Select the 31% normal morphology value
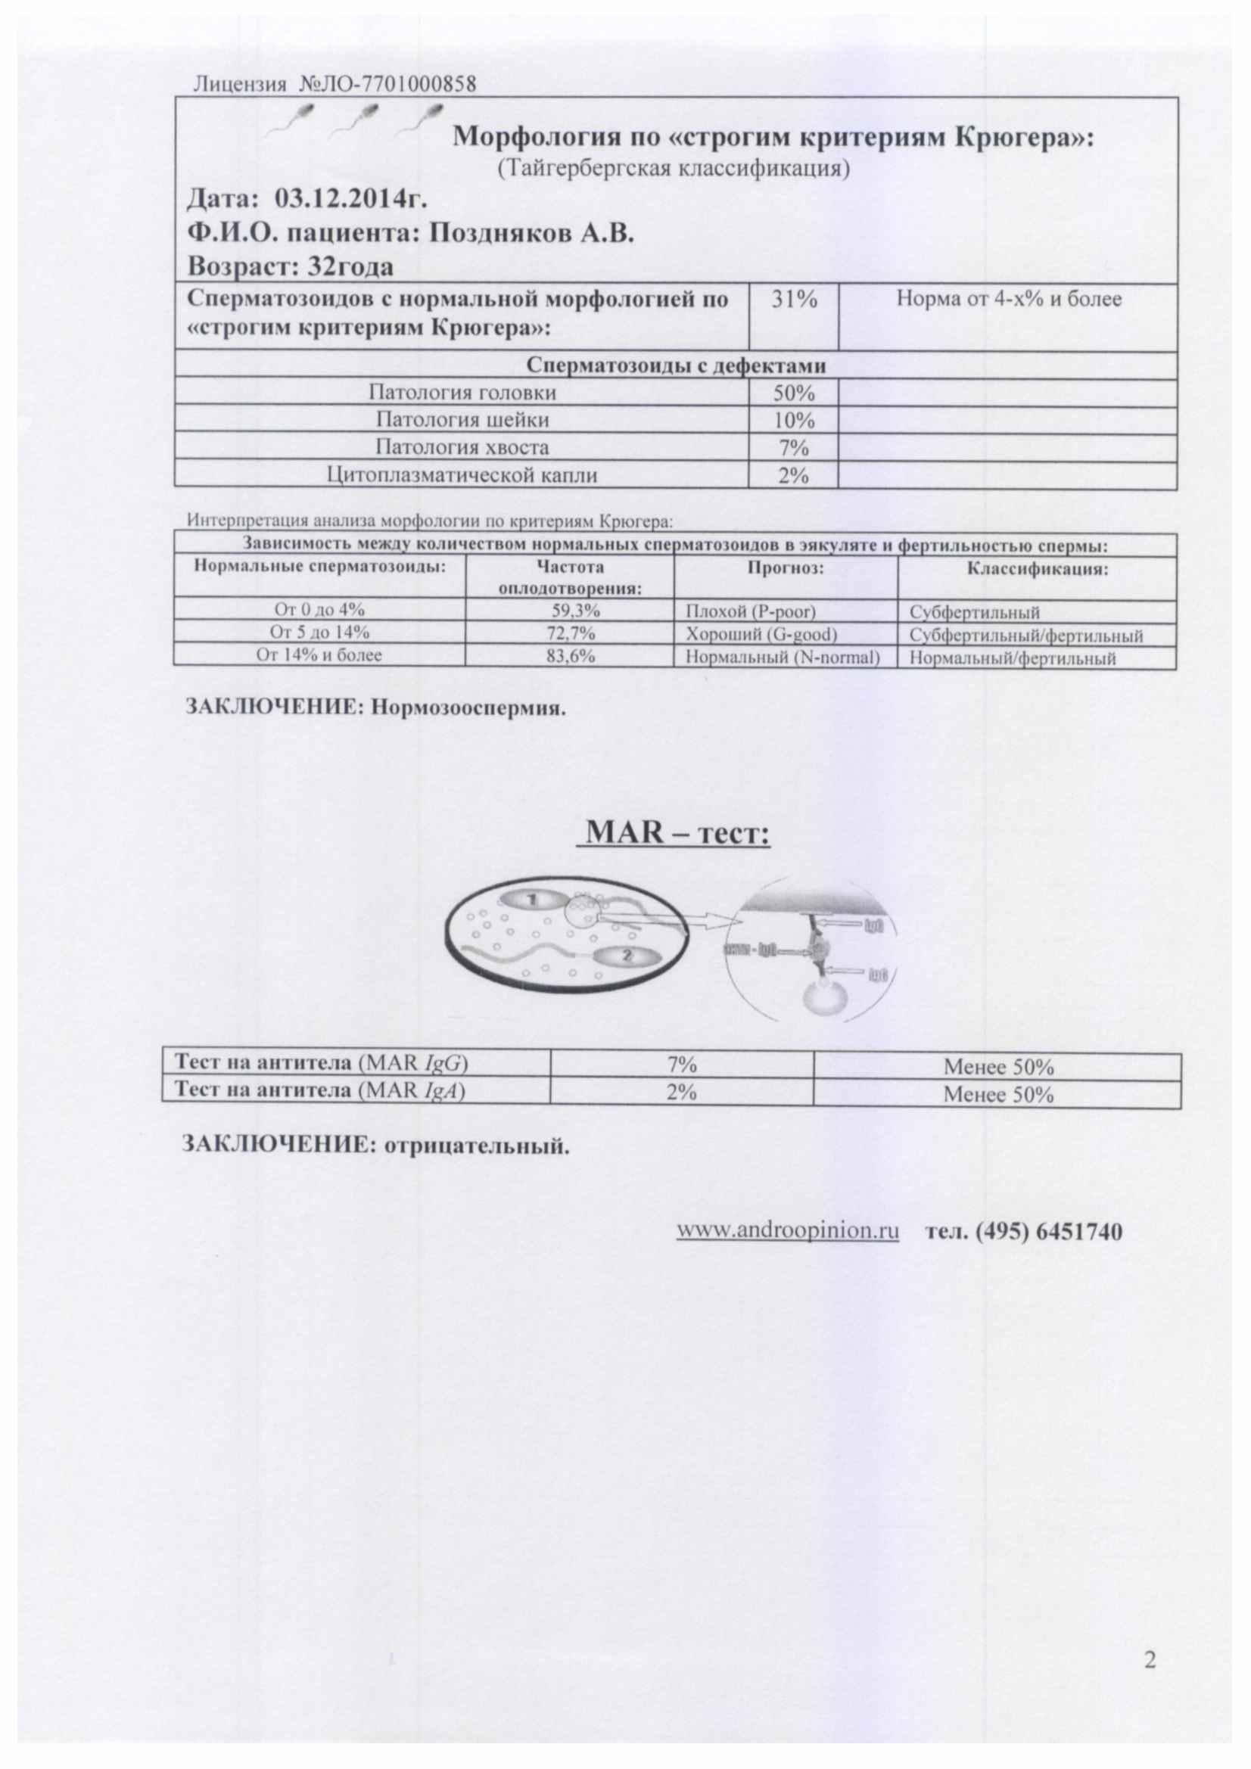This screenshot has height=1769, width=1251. coord(794,300)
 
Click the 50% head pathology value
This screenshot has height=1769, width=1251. coord(794,393)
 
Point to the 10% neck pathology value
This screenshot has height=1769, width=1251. coord(794,421)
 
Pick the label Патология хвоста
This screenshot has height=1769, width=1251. coord(462,448)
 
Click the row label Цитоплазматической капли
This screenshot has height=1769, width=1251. coord(462,474)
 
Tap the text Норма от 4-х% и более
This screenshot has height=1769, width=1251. coord(1008,300)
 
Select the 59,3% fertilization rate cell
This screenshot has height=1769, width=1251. coord(571,612)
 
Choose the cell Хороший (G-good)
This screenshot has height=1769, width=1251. coord(761,635)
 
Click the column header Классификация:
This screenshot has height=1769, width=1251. coord(1038,570)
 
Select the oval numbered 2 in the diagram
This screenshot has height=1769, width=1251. coord(625,957)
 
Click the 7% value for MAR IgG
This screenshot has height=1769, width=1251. coord(681,1065)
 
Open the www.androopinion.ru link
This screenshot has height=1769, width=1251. coord(788,1231)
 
